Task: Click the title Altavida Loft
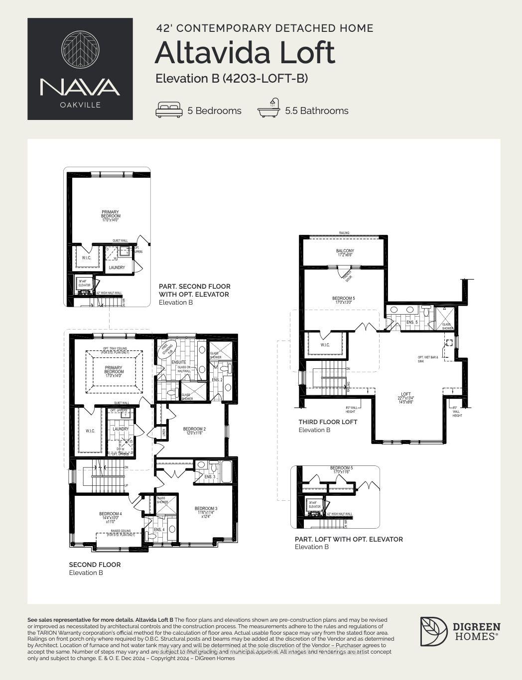[x=245, y=53]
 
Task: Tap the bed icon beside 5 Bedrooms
[x=169, y=110]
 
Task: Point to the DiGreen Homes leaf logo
[x=433, y=632]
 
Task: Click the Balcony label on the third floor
[x=345, y=252]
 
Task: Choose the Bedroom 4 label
[x=110, y=514]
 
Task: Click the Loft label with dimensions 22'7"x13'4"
[x=406, y=394]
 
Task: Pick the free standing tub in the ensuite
[x=167, y=349]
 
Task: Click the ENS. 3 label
[x=210, y=476]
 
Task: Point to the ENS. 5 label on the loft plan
[x=412, y=322]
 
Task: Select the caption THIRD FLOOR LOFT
[x=328, y=422]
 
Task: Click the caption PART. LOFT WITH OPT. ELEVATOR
[x=349, y=539]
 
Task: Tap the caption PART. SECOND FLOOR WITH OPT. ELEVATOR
[x=194, y=290]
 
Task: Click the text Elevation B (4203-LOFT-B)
[x=232, y=78]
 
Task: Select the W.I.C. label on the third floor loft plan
[x=325, y=344]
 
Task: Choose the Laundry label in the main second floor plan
[x=121, y=429]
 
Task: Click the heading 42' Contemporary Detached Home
[x=264, y=28]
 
